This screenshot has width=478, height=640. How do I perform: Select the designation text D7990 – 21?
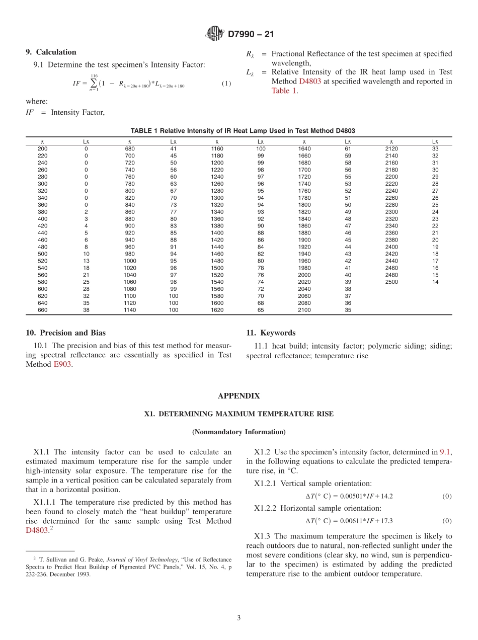[x=251, y=34]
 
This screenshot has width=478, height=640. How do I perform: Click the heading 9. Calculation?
[x=51, y=52]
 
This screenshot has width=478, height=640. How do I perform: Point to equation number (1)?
[x=226, y=84]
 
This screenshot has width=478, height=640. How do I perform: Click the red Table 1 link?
[x=280, y=91]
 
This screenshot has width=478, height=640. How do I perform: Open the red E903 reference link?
[x=62, y=364]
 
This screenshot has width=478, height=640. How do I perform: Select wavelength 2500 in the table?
[x=391, y=282]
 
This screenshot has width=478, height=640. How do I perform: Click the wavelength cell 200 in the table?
[x=42, y=149]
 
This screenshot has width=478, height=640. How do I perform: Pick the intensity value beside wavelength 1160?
[x=261, y=149]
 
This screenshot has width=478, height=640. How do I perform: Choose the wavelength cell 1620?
[x=217, y=310]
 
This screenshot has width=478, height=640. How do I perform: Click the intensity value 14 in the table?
[x=435, y=282]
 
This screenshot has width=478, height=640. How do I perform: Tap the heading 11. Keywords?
[x=271, y=333]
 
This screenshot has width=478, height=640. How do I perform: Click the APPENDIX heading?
[x=238, y=396]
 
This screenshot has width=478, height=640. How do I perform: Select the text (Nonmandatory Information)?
[x=238, y=432]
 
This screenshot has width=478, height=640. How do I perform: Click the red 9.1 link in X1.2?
[x=445, y=452]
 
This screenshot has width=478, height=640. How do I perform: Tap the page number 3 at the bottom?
[x=239, y=618]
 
